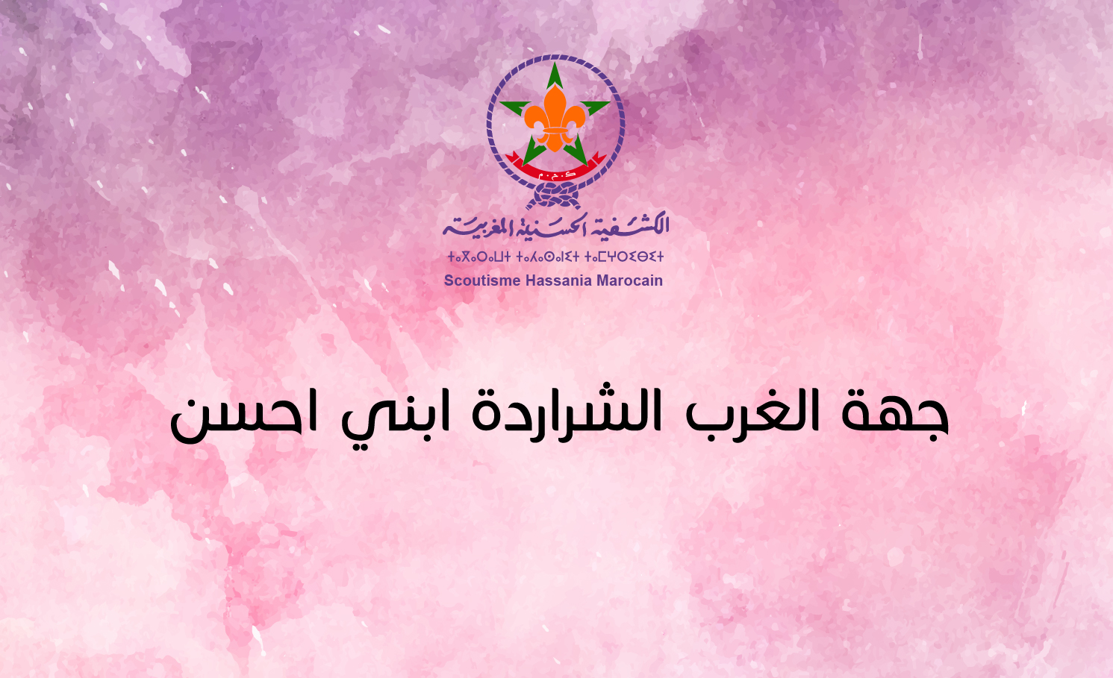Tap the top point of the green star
click(x=555, y=63)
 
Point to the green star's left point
click(x=500, y=103)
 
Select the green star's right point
click(x=610, y=103)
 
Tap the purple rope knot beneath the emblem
click(x=555, y=195)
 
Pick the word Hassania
click(x=559, y=281)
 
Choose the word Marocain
click(x=629, y=281)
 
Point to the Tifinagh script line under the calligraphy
click(x=555, y=257)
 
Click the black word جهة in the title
click(x=895, y=415)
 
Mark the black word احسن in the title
click(x=243, y=418)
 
